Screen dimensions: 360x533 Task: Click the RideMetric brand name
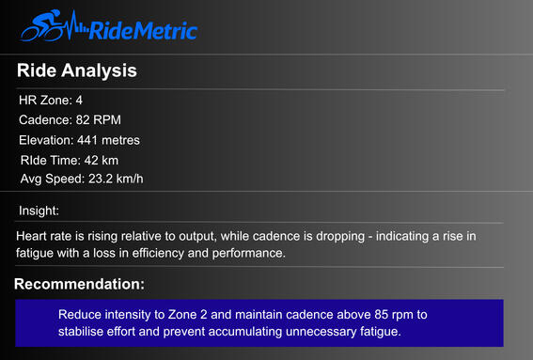pyautogui.click(x=142, y=31)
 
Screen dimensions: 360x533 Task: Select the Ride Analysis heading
pyautogui.click(x=77, y=70)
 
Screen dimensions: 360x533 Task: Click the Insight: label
pyautogui.click(x=39, y=211)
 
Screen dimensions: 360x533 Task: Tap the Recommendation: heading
pyautogui.click(x=79, y=284)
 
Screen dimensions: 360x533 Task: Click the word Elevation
pyautogui.click(x=45, y=140)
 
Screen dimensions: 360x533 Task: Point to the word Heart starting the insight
pyautogui.click(x=33, y=236)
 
